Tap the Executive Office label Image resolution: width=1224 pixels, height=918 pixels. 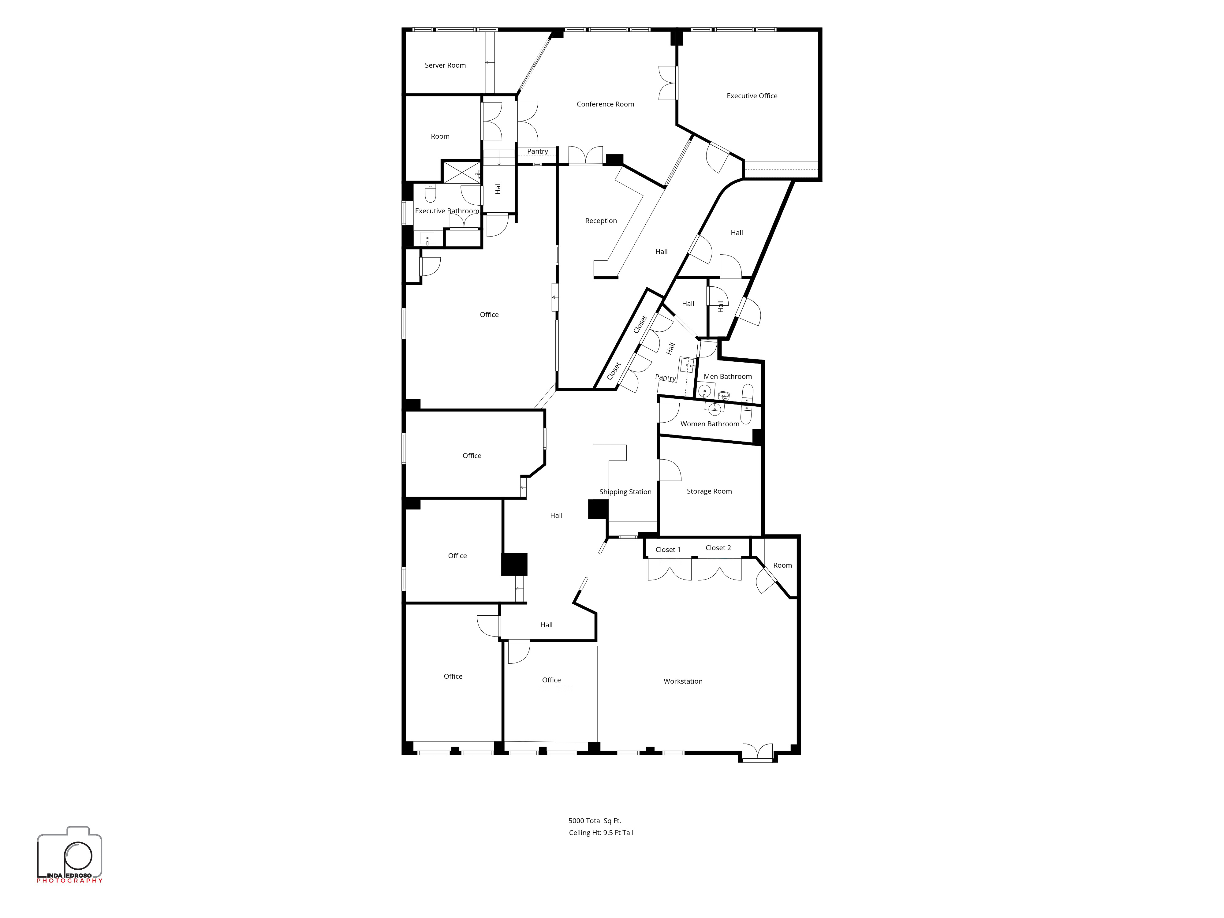(x=752, y=96)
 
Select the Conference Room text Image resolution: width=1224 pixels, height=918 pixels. (x=605, y=104)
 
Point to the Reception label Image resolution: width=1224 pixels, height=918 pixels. (x=601, y=221)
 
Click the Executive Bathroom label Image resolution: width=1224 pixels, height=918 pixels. (x=447, y=211)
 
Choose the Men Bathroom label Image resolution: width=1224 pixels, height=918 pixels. (x=728, y=376)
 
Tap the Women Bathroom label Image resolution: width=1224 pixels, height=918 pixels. (x=710, y=424)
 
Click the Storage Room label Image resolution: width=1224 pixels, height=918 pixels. (x=709, y=491)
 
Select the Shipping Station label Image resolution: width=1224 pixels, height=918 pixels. (x=625, y=492)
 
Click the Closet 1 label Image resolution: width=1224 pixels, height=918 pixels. (x=668, y=550)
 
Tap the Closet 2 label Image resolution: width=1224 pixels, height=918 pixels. (x=718, y=548)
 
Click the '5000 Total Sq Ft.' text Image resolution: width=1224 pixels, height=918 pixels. (x=595, y=821)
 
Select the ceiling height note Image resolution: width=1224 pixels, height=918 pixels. (x=601, y=832)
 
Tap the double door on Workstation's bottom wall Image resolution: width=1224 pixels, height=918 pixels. (x=758, y=752)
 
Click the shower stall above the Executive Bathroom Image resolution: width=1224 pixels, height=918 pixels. (x=462, y=172)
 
